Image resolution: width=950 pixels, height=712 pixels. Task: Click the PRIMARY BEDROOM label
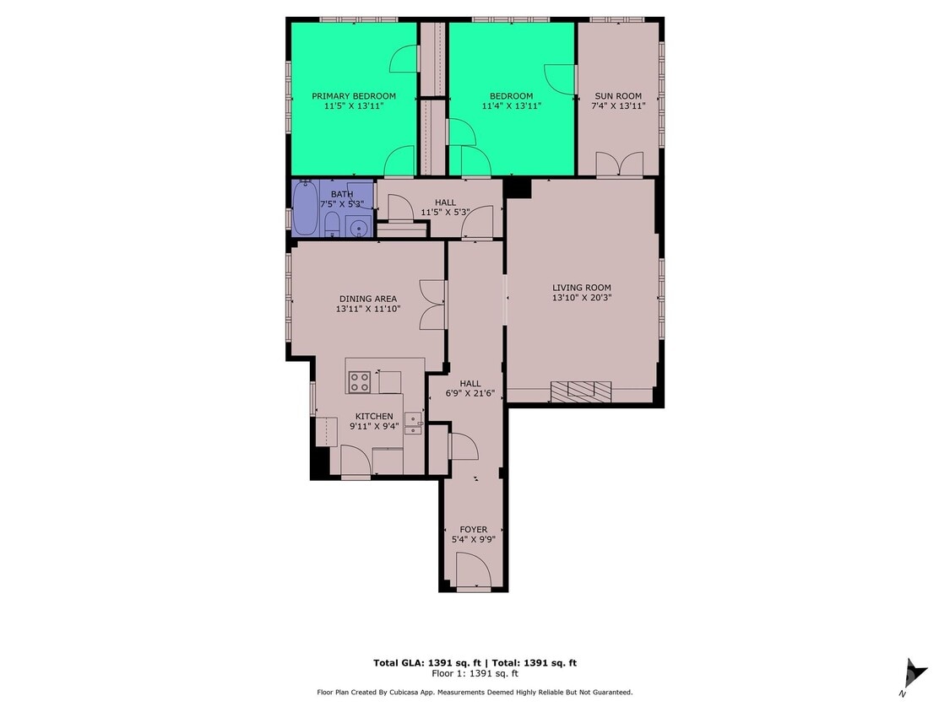(x=353, y=96)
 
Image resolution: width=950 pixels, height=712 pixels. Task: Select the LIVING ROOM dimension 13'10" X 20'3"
(x=581, y=298)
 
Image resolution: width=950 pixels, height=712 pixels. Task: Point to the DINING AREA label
(x=367, y=299)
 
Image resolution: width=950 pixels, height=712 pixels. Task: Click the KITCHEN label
(x=373, y=417)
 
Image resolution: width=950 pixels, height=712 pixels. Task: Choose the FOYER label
(x=473, y=530)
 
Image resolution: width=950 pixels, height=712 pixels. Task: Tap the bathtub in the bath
(x=305, y=208)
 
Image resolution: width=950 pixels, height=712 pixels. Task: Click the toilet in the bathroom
(x=332, y=225)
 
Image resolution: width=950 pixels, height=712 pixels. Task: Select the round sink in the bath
(x=360, y=227)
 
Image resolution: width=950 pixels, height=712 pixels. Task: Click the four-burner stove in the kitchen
(x=360, y=382)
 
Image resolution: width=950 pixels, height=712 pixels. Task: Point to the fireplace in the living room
(x=581, y=389)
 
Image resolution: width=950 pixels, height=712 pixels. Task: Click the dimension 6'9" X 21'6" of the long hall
(x=470, y=394)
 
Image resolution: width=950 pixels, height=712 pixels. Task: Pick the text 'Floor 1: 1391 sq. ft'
(x=475, y=673)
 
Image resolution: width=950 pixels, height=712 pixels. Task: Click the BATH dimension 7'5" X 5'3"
(x=341, y=203)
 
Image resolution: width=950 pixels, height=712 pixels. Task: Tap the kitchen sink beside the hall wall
(x=413, y=423)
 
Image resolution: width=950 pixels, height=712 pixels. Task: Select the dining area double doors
(x=432, y=304)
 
